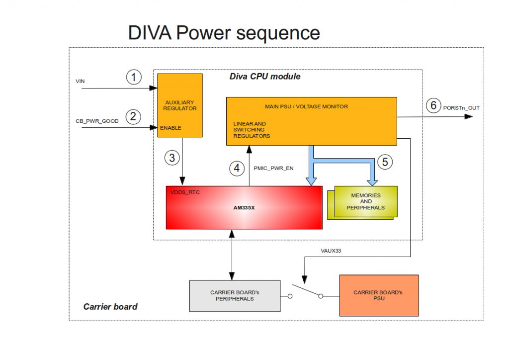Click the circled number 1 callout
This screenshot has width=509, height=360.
pos(134,77)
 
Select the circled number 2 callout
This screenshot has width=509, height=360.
pos(133,117)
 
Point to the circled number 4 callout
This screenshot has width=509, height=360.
pos(237,168)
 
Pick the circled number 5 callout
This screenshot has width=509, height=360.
pos(385,161)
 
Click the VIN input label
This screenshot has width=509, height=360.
pos(80,81)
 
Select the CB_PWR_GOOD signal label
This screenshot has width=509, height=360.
pos(97,121)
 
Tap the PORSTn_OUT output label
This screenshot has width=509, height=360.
pos(461,107)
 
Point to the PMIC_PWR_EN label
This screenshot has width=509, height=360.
pos(274,168)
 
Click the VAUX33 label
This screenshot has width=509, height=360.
pos(331,251)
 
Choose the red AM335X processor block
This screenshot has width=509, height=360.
pos(244,207)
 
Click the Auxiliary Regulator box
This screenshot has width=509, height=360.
pos(180,105)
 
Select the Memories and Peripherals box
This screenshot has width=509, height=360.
pos(366,201)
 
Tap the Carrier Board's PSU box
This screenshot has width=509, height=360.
pos(378,295)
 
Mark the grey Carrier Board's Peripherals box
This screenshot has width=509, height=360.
pos(235,295)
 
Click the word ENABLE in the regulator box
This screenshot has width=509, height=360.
pos(170,128)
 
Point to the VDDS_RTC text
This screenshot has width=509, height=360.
pos(185,192)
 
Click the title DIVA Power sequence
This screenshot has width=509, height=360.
pos(224,33)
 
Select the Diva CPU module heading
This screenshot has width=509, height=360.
pos(265,77)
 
